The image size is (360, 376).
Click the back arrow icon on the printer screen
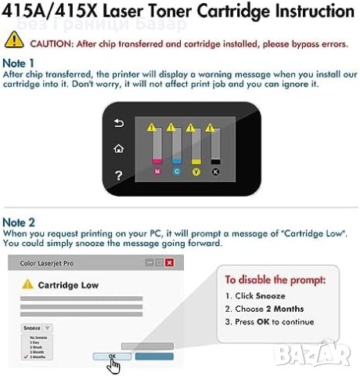pos(119,123)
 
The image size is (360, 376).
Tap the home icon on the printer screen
pos(119,148)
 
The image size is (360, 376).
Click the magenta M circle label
pos(158,170)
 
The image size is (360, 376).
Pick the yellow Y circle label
pos(196,170)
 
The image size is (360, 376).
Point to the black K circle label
pos(215,170)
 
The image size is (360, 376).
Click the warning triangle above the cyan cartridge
pos(171,125)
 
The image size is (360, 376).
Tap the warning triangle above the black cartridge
pos(210,125)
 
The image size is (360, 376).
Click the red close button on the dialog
pos(168,262)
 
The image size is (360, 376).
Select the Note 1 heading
pos(19,61)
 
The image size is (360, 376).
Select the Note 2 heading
pos(19,222)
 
